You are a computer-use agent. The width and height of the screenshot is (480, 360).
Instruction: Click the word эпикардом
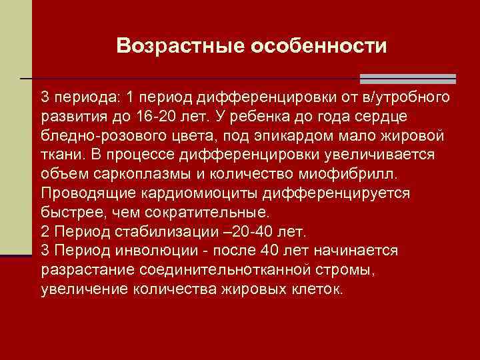(x=293, y=136)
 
